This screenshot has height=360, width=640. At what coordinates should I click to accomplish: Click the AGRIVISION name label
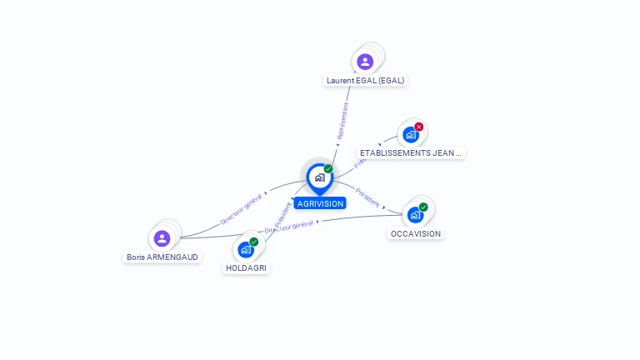[x=320, y=203]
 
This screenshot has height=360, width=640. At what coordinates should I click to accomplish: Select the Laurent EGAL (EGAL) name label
[x=366, y=81]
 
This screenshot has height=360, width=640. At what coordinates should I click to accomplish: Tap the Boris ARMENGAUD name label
[x=162, y=257]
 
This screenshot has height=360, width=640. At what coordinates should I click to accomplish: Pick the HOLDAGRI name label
[x=247, y=268]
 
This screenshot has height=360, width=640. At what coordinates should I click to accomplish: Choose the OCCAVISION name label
[x=416, y=234]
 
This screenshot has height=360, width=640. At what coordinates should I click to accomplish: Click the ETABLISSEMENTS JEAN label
[x=410, y=153]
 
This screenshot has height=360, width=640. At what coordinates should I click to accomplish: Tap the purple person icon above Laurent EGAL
[x=365, y=61]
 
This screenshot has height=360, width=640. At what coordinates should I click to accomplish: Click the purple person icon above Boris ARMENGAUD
[x=162, y=238]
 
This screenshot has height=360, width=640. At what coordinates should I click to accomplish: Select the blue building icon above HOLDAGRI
[x=245, y=249]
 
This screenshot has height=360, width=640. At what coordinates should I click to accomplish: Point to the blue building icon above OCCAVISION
[x=415, y=214]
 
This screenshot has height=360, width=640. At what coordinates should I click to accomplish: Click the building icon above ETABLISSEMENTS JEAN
[x=410, y=134]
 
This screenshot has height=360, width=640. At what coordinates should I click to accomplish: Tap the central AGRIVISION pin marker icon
[x=319, y=177]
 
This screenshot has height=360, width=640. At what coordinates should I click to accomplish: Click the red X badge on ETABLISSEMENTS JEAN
[x=419, y=127]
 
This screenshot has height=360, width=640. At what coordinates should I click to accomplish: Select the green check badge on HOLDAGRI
[x=254, y=242]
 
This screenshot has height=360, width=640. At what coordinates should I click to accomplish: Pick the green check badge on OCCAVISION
[x=423, y=207]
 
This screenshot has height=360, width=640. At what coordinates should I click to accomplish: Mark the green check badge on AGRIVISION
[x=328, y=169]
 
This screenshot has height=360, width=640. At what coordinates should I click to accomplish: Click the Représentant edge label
[x=342, y=120]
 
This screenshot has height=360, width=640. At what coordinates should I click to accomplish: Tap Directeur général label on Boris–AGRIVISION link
[x=242, y=208]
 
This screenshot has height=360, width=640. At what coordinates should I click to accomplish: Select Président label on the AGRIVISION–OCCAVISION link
[x=367, y=197]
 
